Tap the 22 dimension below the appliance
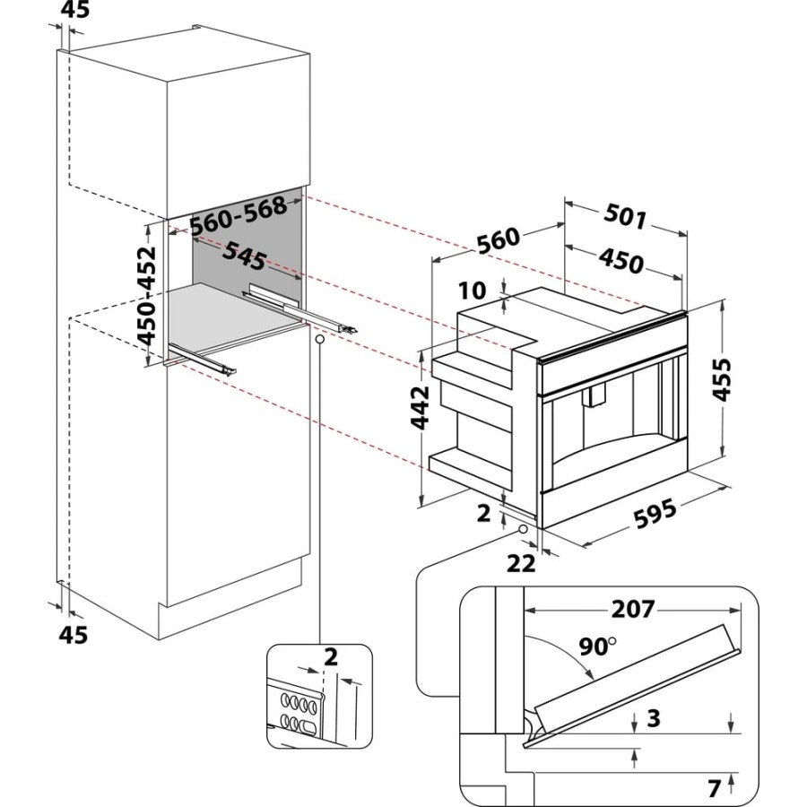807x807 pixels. point(521,562)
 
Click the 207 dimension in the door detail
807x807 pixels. point(632,610)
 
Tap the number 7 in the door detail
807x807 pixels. point(714,789)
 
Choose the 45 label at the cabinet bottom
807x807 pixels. point(74,635)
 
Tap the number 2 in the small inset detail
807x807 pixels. point(331,657)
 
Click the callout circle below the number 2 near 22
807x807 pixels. point(520,530)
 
